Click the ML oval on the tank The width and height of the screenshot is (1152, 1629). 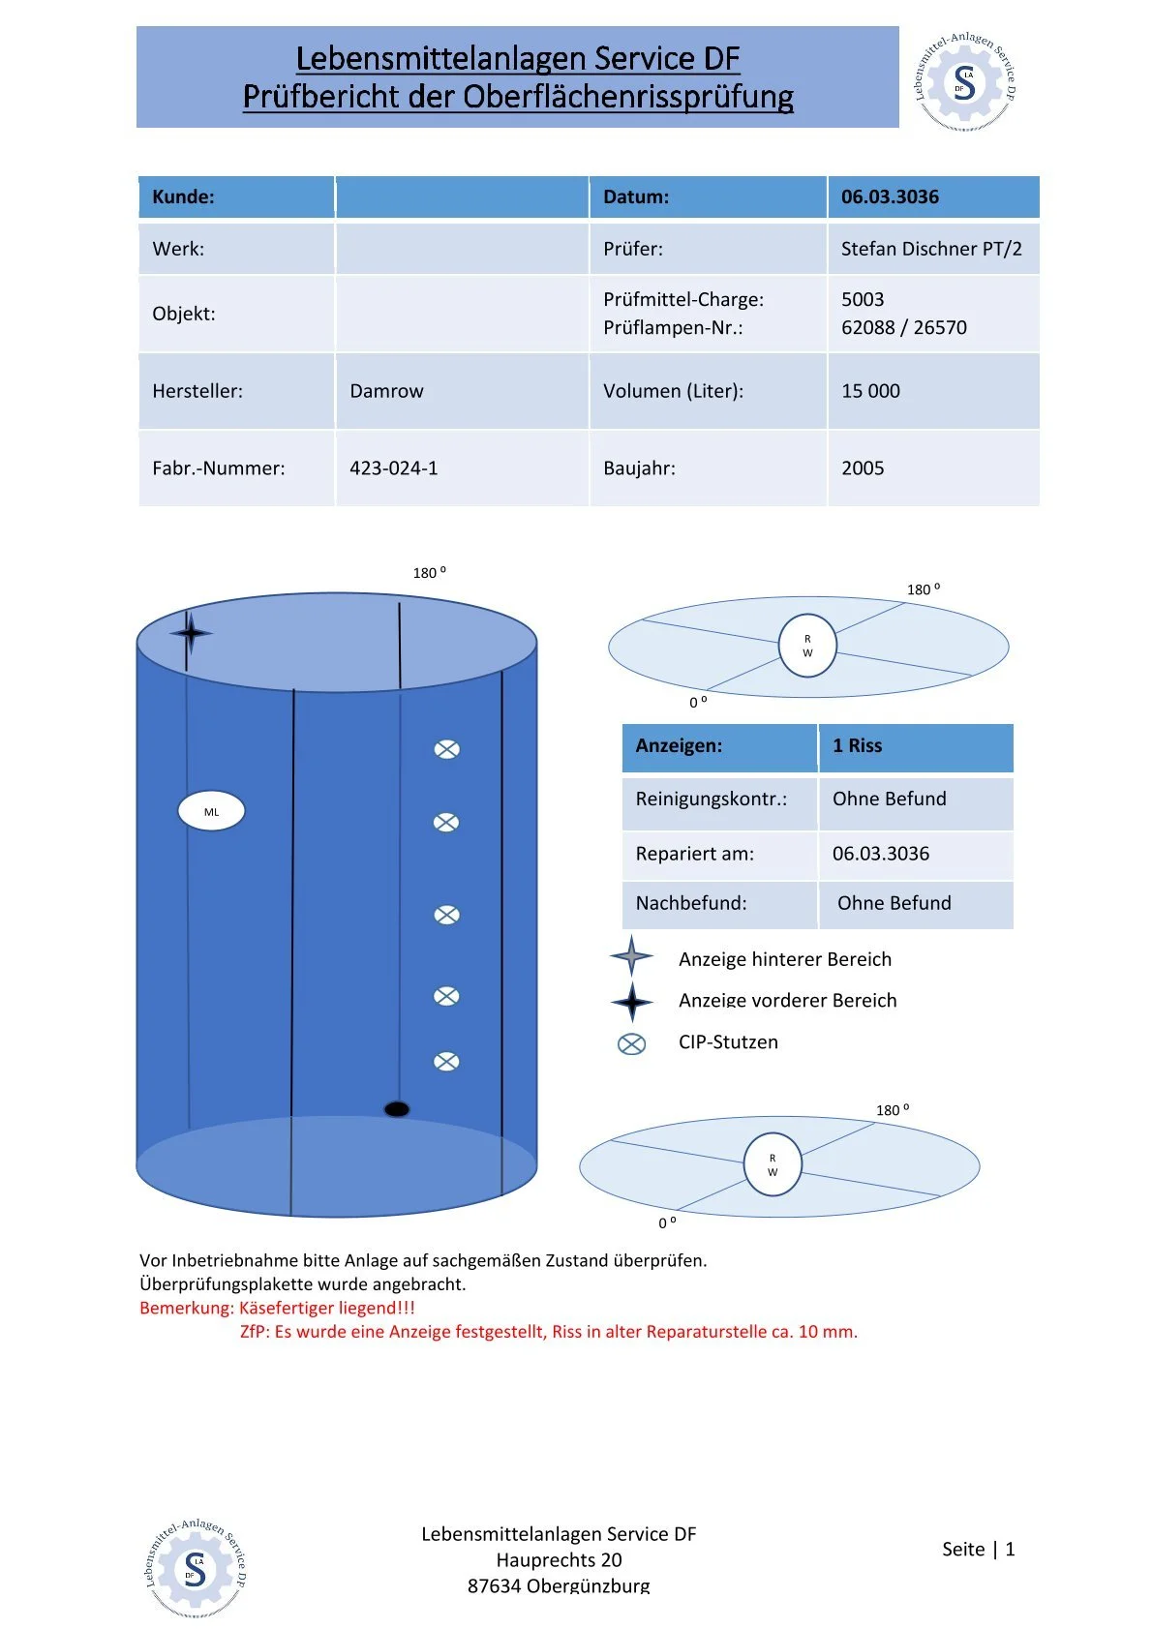pyautogui.click(x=211, y=811)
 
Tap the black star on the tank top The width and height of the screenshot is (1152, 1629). pyautogui.click(x=191, y=633)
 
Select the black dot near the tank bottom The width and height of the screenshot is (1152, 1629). pyautogui.click(x=396, y=1109)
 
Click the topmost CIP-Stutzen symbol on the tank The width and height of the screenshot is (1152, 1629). pyautogui.click(x=446, y=748)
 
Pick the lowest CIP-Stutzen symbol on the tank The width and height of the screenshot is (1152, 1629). pyautogui.click(x=446, y=1062)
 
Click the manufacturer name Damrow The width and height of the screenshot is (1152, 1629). pyautogui.click(x=386, y=391)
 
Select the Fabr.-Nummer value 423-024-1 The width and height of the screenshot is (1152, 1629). pyautogui.click(x=393, y=468)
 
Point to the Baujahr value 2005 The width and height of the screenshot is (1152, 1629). pyautogui.click(x=863, y=468)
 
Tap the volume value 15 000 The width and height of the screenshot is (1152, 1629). pyautogui.click(x=870, y=391)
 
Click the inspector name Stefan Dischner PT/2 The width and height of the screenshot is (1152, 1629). pyautogui.click(x=930, y=249)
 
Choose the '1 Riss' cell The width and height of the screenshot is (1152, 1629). pyautogui.click(x=857, y=746)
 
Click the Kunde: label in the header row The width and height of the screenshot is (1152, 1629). pyautogui.click(x=183, y=197)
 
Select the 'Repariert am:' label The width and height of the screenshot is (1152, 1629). pyautogui.click(x=694, y=854)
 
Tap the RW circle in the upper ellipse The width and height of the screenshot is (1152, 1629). pyautogui.click(x=807, y=646)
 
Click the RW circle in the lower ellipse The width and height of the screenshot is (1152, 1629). pyautogui.click(x=773, y=1164)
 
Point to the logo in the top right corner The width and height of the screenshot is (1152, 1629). pyautogui.click(x=965, y=81)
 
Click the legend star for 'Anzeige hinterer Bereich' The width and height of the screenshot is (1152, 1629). pyautogui.click(x=631, y=956)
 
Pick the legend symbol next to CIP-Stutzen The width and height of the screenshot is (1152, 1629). pyautogui.click(x=631, y=1043)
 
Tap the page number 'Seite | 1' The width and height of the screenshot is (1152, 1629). pyautogui.click(x=978, y=1550)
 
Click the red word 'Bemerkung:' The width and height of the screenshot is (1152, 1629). pyautogui.click(x=187, y=1308)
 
